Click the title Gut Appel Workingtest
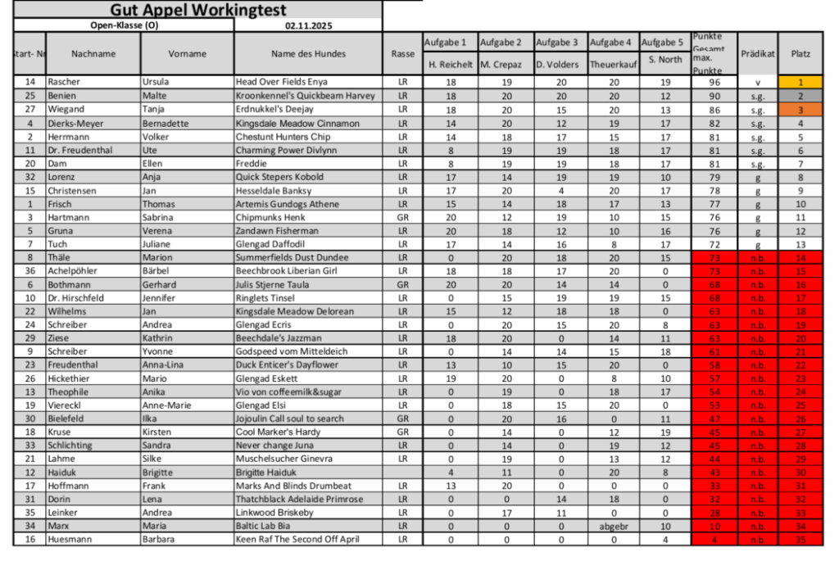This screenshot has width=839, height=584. [x=197, y=11]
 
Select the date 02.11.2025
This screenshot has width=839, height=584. [x=308, y=25]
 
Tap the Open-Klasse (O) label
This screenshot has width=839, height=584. [x=124, y=25]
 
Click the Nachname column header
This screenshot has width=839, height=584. [x=93, y=54]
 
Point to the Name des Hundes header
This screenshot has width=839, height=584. [x=308, y=54]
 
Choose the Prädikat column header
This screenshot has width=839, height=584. [x=757, y=54]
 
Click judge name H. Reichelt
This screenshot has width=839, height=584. [x=450, y=64]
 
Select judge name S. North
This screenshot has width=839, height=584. [x=664, y=60]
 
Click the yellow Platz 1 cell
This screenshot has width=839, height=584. [x=800, y=83]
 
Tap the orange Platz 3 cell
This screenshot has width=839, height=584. [x=800, y=110]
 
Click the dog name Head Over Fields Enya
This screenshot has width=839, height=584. [x=281, y=83]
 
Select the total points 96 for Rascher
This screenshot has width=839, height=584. [x=714, y=83]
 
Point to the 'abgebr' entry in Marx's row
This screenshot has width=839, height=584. [x=614, y=526]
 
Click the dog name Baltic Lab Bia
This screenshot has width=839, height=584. [x=263, y=526]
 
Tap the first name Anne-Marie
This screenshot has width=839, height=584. [x=166, y=405]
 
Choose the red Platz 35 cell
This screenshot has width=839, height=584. [x=800, y=540]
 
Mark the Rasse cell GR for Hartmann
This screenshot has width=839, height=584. [x=402, y=217]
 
